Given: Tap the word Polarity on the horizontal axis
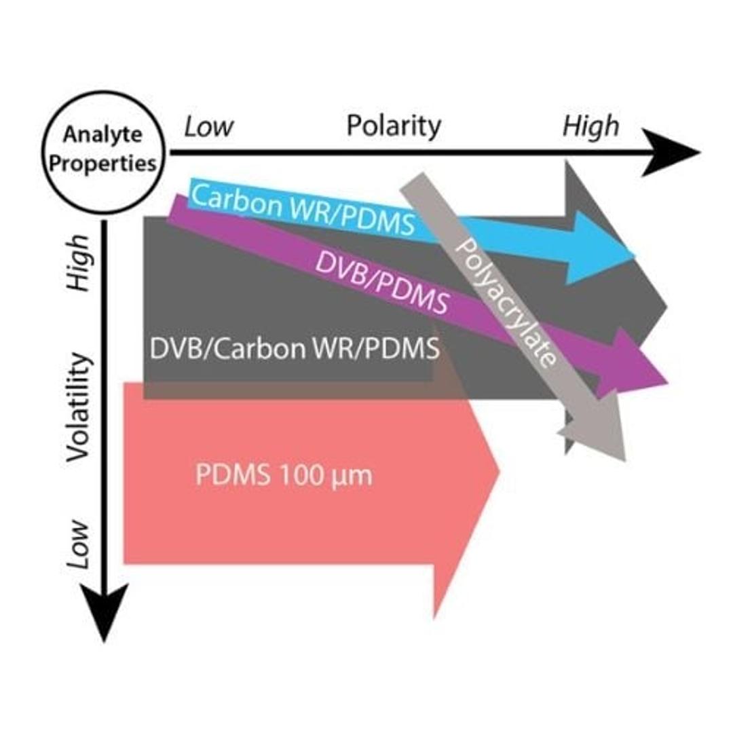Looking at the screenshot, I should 394,126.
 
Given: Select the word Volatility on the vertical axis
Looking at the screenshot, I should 79,407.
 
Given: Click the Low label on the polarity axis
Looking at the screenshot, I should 209,127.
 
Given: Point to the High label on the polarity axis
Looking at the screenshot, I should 590,126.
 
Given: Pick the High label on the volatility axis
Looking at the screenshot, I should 79,263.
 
